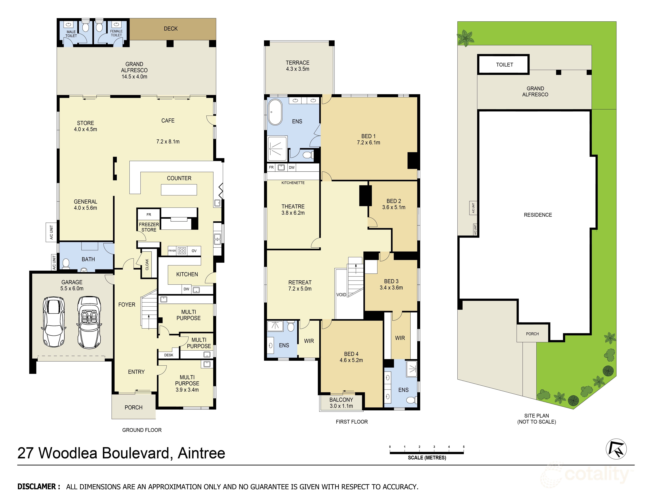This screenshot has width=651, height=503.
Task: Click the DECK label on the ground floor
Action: [x=170, y=29]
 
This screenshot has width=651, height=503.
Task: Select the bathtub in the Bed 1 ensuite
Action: [x=275, y=112]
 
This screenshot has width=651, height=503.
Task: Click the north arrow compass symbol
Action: [x=616, y=449]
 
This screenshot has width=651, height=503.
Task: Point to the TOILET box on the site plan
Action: [x=503, y=64]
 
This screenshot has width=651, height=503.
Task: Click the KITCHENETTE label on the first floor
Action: [x=293, y=183]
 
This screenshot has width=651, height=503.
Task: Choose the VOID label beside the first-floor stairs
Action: [x=341, y=295]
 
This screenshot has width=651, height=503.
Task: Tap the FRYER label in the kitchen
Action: [x=172, y=251]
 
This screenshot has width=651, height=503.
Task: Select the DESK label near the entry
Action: [x=169, y=355]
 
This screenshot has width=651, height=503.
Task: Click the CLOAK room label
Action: [x=147, y=264]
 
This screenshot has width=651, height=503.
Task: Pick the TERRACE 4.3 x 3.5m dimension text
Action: [x=297, y=69]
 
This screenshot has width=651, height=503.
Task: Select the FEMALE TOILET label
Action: [x=116, y=33]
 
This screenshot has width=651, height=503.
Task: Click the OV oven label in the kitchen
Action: [x=194, y=251]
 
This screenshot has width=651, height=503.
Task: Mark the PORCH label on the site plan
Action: [x=532, y=334]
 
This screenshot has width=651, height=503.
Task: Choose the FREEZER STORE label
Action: [x=149, y=227]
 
